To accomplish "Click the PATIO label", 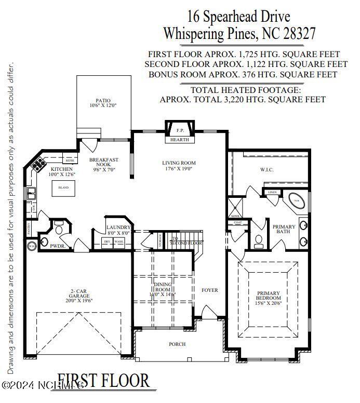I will coord(103,101).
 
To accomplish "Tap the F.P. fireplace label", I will coord(180,130).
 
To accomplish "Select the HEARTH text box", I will coord(180,140).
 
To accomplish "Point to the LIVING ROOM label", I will coord(179,163).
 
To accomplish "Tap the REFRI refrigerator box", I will coord(70,160).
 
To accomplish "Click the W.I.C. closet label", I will coord(266,169).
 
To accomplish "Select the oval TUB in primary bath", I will coord(297,200).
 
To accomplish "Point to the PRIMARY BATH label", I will coord(284,230).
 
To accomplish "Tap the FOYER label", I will coord(210,290).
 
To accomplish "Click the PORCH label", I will coord(177,344).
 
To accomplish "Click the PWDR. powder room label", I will coord(57,246).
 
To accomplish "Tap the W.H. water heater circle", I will coord(32,246).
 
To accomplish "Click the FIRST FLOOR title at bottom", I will coord(103,381).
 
